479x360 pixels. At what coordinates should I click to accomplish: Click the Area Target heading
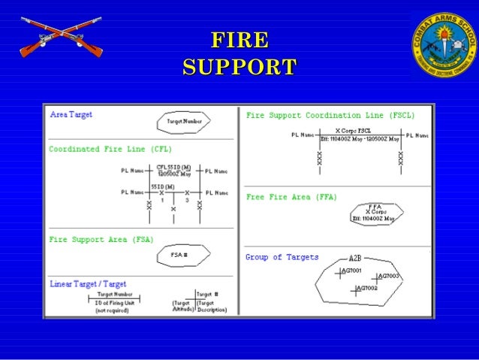point(71,115)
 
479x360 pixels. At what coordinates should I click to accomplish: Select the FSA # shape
point(179,256)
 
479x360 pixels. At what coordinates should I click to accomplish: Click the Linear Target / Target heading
point(88,284)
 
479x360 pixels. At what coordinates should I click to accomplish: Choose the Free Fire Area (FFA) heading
point(291,197)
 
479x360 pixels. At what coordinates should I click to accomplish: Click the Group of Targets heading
point(282,257)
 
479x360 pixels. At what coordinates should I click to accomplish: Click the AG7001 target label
point(352,271)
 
